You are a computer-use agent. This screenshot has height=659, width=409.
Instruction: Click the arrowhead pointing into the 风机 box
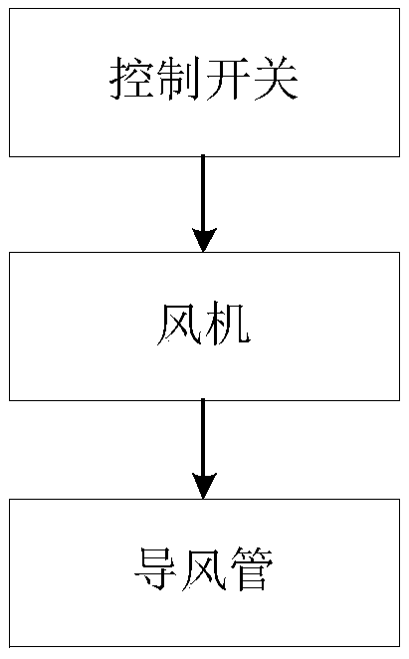pos(204,239)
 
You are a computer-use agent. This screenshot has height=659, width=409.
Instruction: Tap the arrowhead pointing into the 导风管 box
pos(204,486)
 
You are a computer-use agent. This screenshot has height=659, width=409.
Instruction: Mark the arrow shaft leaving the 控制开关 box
pos(204,189)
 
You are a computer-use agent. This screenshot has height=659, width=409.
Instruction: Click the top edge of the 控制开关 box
pos(204,9)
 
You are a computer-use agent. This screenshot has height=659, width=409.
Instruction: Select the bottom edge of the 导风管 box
pos(204,647)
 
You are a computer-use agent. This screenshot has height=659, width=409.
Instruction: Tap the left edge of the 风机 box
pos(11,326)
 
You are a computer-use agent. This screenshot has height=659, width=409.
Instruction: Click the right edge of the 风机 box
pos(397,326)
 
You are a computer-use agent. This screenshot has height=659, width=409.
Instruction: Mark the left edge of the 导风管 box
pos(11,572)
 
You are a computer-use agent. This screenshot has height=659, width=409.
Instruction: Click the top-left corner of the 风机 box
pos(11,253)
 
